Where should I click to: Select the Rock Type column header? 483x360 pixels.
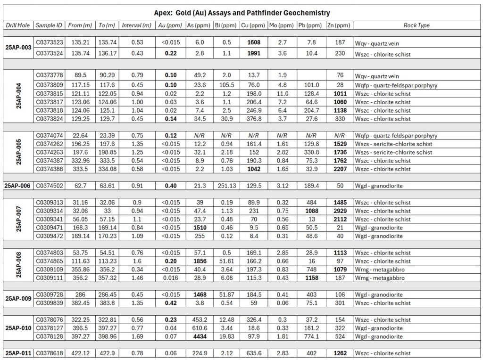416,25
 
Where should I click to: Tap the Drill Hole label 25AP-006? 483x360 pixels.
18,186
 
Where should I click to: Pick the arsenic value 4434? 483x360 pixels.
198,336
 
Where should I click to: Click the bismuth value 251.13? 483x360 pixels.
226,186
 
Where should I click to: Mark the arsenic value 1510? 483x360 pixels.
198,228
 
